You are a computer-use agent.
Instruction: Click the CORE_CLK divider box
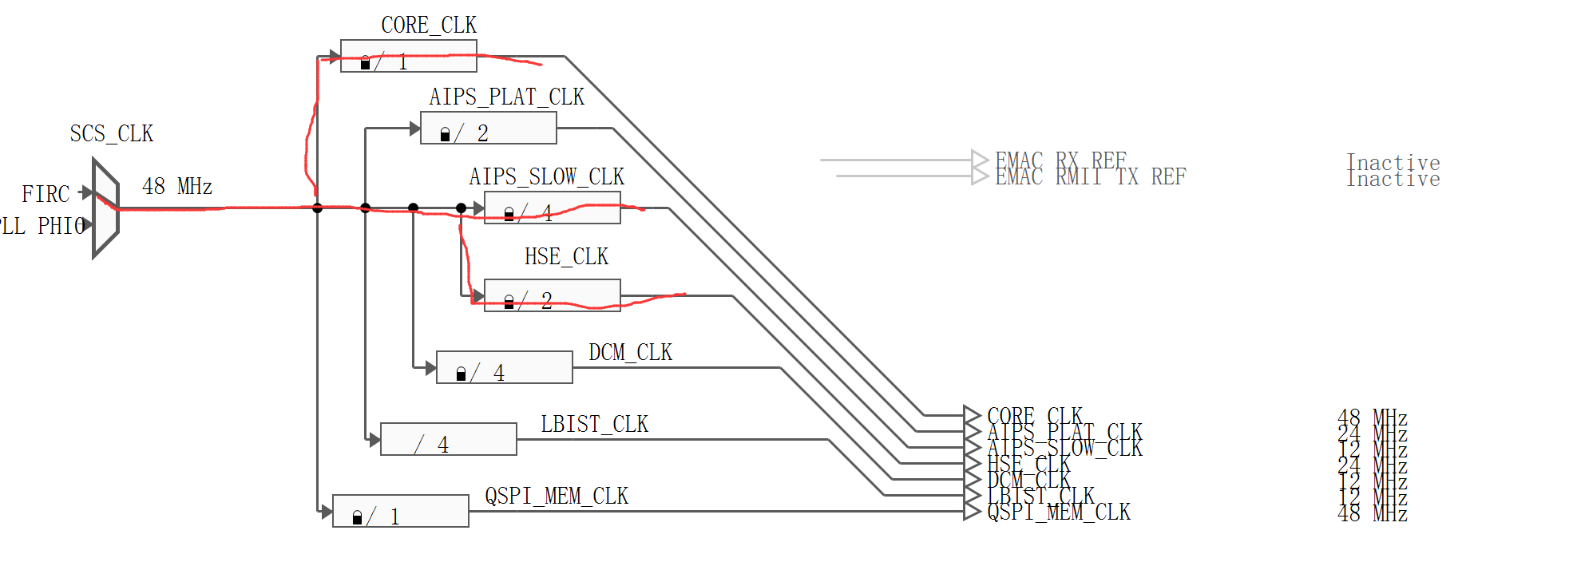pyautogui.click(x=408, y=56)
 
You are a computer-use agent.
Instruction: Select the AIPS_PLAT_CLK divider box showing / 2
pyautogui.click(x=488, y=128)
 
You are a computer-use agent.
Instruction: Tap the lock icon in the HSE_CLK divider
pyautogui.click(x=509, y=302)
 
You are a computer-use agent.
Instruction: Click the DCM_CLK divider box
pyautogui.click(x=504, y=367)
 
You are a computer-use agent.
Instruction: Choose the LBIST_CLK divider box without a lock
pyautogui.click(x=448, y=439)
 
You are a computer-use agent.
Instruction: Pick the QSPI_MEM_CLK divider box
pyautogui.click(x=400, y=511)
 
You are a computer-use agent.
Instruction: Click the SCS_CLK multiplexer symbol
pyautogui.click(x=105, y=208)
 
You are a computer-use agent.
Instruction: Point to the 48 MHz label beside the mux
pyautogui.click(x=176, y=187)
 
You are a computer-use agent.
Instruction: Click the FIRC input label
pyautogui.click(x=46, y=194)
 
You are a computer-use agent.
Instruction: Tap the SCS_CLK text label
pyautogui.click(x=111, y=133)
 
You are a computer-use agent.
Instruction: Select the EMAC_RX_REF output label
pyautogui.click(x=1060, y=160)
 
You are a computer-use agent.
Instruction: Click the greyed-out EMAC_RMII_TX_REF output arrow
pyautogui.click(x=980, y=176)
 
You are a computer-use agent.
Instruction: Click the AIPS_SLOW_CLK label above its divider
pyautogui.click(x=546, y=176)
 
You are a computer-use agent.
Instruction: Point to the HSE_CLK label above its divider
pyautogui.click(x=566, y=256)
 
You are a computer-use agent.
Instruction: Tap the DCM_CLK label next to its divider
pyautogui.click(x=630, y=352)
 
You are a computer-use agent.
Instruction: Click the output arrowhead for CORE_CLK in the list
pyautogui.click(x=972, y=415)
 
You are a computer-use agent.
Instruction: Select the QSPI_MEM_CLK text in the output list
pyautogui.click(x=1059, y=512)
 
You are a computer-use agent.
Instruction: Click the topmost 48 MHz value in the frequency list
pyautogui.click(x=1372, y=418)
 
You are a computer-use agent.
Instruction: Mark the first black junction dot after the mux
pyautogui.click(x=317, y=208)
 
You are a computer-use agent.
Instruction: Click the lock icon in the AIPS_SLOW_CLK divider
pyautogui.click(x=509, y=214)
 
